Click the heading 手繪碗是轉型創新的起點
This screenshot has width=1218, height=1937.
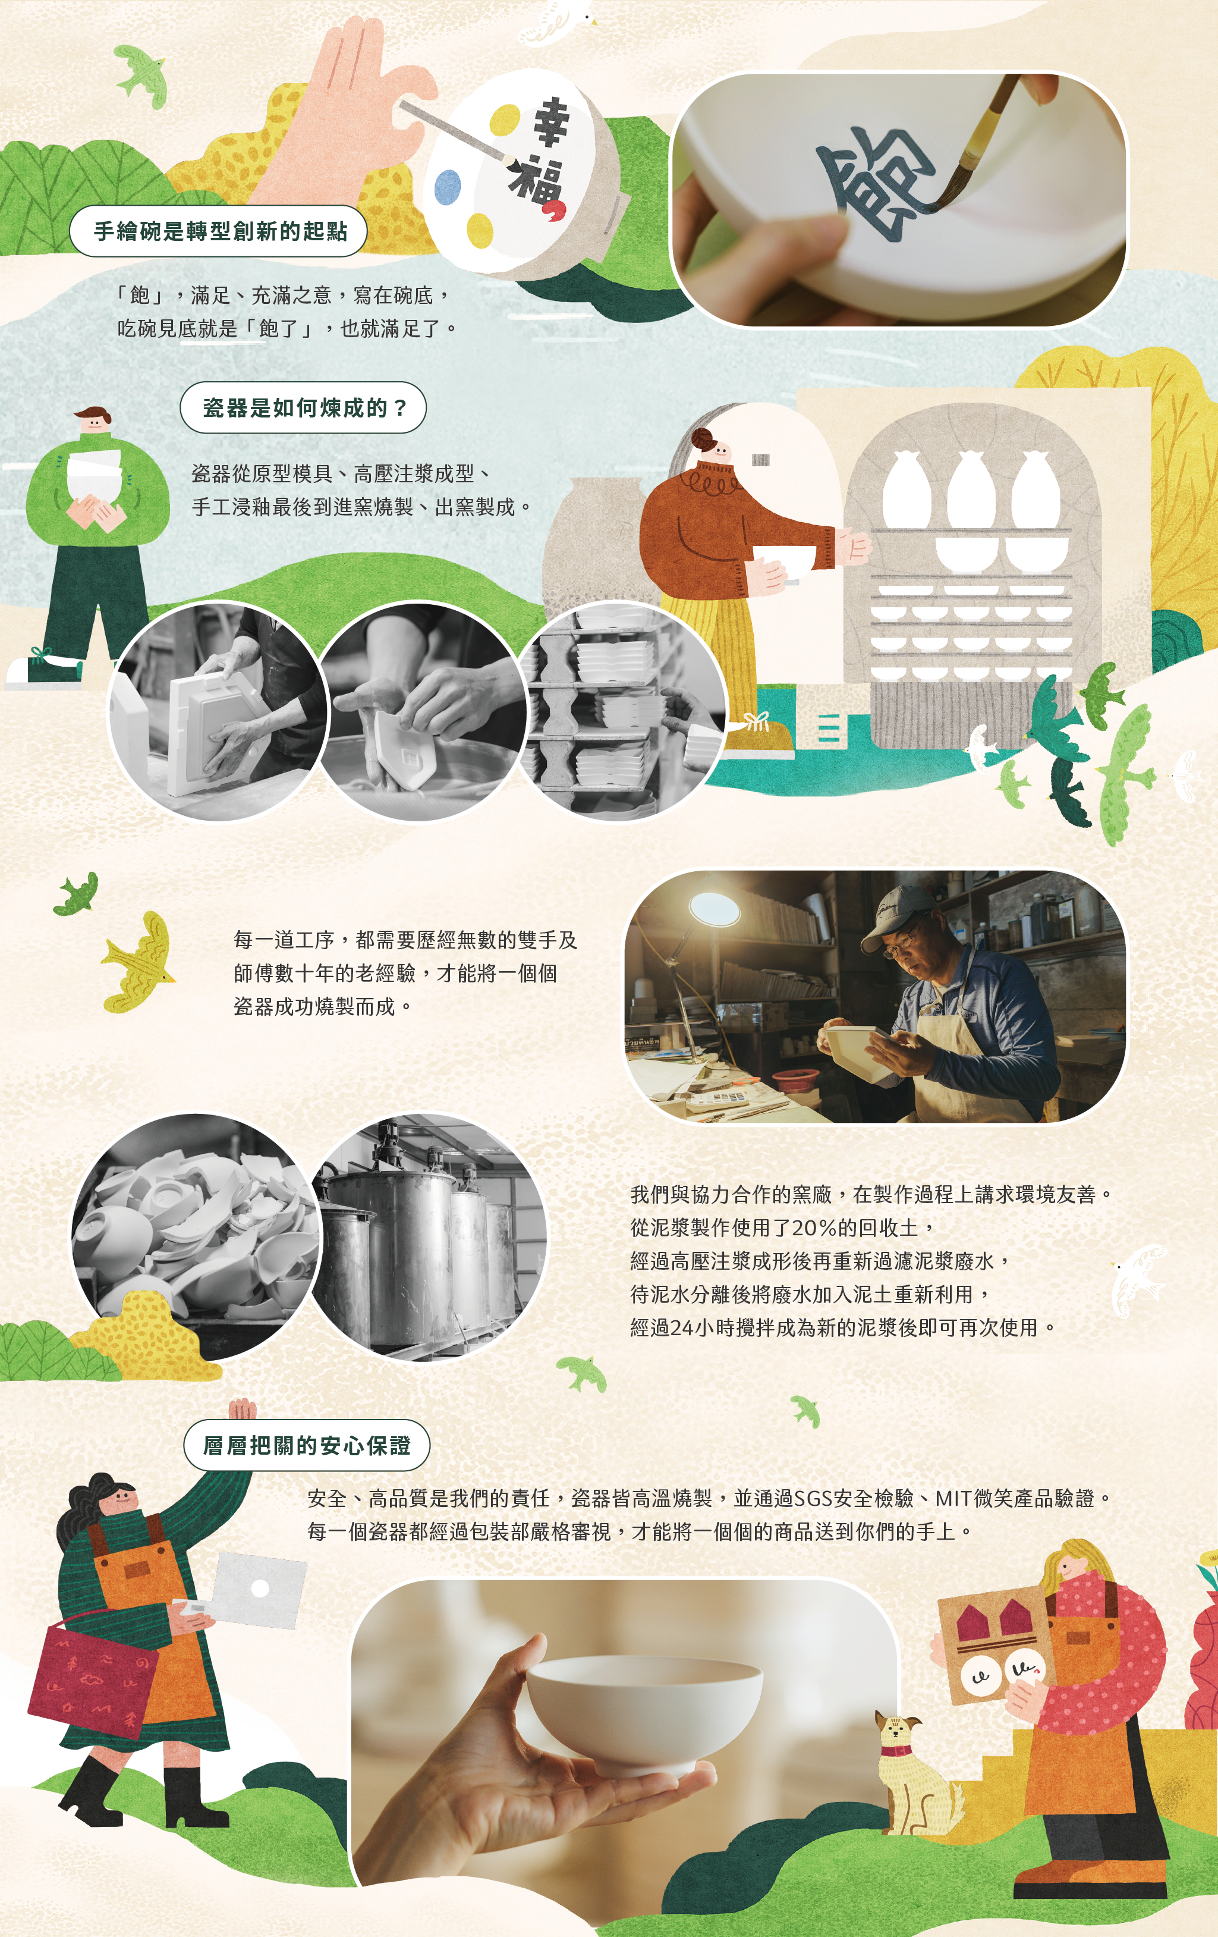pos(219,232)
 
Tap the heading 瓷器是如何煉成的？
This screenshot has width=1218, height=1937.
pos(303,408)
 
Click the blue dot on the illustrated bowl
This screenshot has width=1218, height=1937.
pos(447,187)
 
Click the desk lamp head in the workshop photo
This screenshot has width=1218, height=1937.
pos(714,909)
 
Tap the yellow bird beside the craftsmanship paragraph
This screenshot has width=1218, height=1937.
pos(141,961)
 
